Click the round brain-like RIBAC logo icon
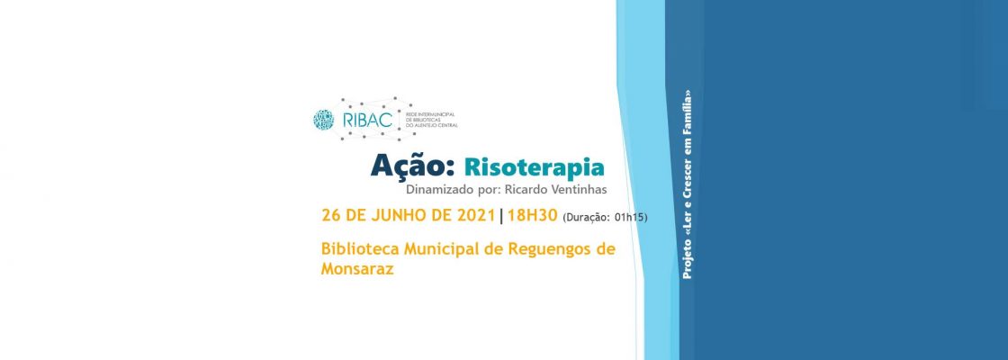tap(323, 119)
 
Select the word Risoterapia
tap(534, 168)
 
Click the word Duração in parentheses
tap(589, 218)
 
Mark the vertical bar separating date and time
tap(501, 216)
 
